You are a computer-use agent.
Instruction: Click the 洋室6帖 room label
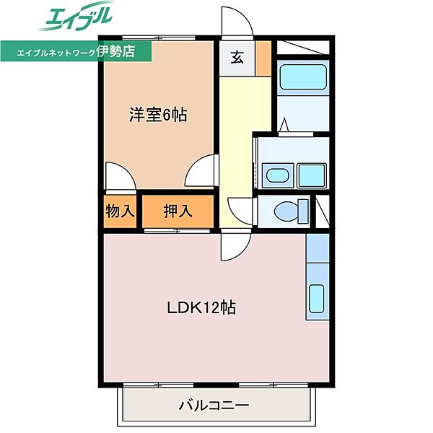point(158,114)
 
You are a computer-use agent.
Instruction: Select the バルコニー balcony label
point(214,406)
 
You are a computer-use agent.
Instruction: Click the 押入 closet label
point(178,211)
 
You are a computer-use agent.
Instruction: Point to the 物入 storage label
point(120,211)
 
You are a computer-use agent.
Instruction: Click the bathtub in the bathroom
point(302,77)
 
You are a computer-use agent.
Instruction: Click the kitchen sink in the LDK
point(317,297)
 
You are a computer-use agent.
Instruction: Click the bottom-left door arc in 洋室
point(117,177)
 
